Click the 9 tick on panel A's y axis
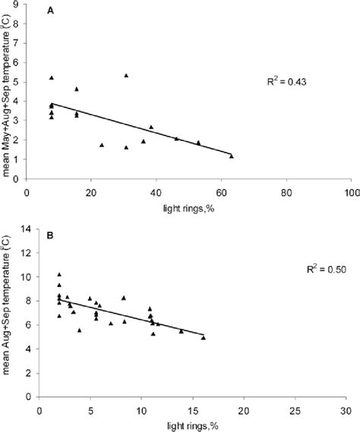17,5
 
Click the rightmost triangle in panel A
232,156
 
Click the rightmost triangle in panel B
203,337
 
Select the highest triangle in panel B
59,274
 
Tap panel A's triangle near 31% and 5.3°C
126,75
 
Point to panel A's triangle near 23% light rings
102,144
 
